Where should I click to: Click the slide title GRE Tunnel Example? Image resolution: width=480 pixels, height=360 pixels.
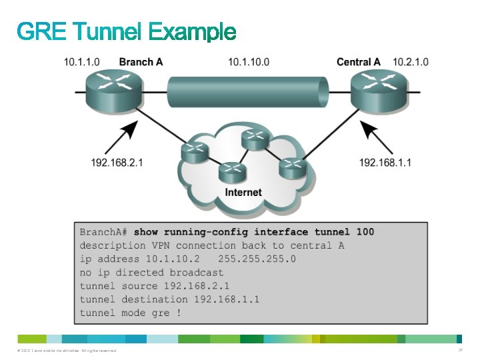[x=127, y=31]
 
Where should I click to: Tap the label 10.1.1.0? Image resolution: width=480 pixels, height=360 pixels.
[x=82, y=62]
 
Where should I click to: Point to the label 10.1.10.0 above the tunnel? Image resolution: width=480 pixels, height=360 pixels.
[x=248, y=62]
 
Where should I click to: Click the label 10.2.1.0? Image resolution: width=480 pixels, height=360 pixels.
[x=411, y=62]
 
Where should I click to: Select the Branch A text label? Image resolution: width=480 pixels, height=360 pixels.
[x=141, y=62]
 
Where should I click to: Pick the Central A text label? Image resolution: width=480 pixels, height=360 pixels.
[x=358, y=62]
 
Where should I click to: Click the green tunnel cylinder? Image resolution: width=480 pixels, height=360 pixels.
[x=247, y=91]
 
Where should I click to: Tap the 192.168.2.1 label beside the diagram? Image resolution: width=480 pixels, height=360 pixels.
[x=117, y=162]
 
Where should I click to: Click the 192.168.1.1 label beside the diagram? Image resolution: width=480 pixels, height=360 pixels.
[x=385, y=162]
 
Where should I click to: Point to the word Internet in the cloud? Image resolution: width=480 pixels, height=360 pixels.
[x=243, y=192]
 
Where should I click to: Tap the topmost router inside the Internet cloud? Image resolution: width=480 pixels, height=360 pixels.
[x=254, y=139]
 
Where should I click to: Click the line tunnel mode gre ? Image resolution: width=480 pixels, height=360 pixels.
[x=130, y=313]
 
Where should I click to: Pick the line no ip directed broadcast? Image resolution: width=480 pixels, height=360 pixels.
[x=152, y=272]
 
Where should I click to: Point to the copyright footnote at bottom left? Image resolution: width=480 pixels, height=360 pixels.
[x=64, y=351]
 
